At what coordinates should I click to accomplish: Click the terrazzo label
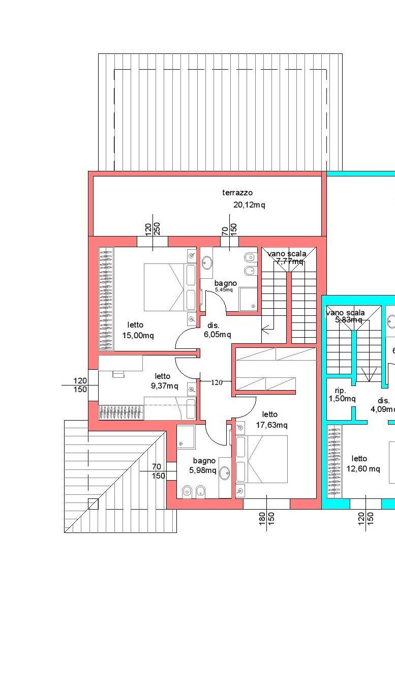tap(237, 193)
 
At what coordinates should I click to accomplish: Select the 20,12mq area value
tap(249, 205)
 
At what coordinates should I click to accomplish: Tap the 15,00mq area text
tap(138, 335)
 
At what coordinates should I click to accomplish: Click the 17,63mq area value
tap(271, 425)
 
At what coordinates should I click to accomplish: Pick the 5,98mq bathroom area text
tap(203, 470)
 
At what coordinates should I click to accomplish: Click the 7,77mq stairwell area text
tap(290, 261)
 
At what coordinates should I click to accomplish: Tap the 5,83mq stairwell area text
tap(348, 320)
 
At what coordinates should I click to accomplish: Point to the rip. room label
tap(340, 390)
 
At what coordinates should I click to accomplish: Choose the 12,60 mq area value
tap(363, 469)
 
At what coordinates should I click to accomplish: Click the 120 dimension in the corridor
tap(217, 382)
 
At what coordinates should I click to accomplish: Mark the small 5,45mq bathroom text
tap(224, 290)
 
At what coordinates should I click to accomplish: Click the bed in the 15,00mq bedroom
tap(164, 287)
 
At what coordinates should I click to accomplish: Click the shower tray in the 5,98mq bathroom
tap(186, 437)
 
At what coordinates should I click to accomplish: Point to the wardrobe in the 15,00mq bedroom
tap(106, 299)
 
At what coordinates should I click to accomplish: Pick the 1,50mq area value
tap(342, 399)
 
